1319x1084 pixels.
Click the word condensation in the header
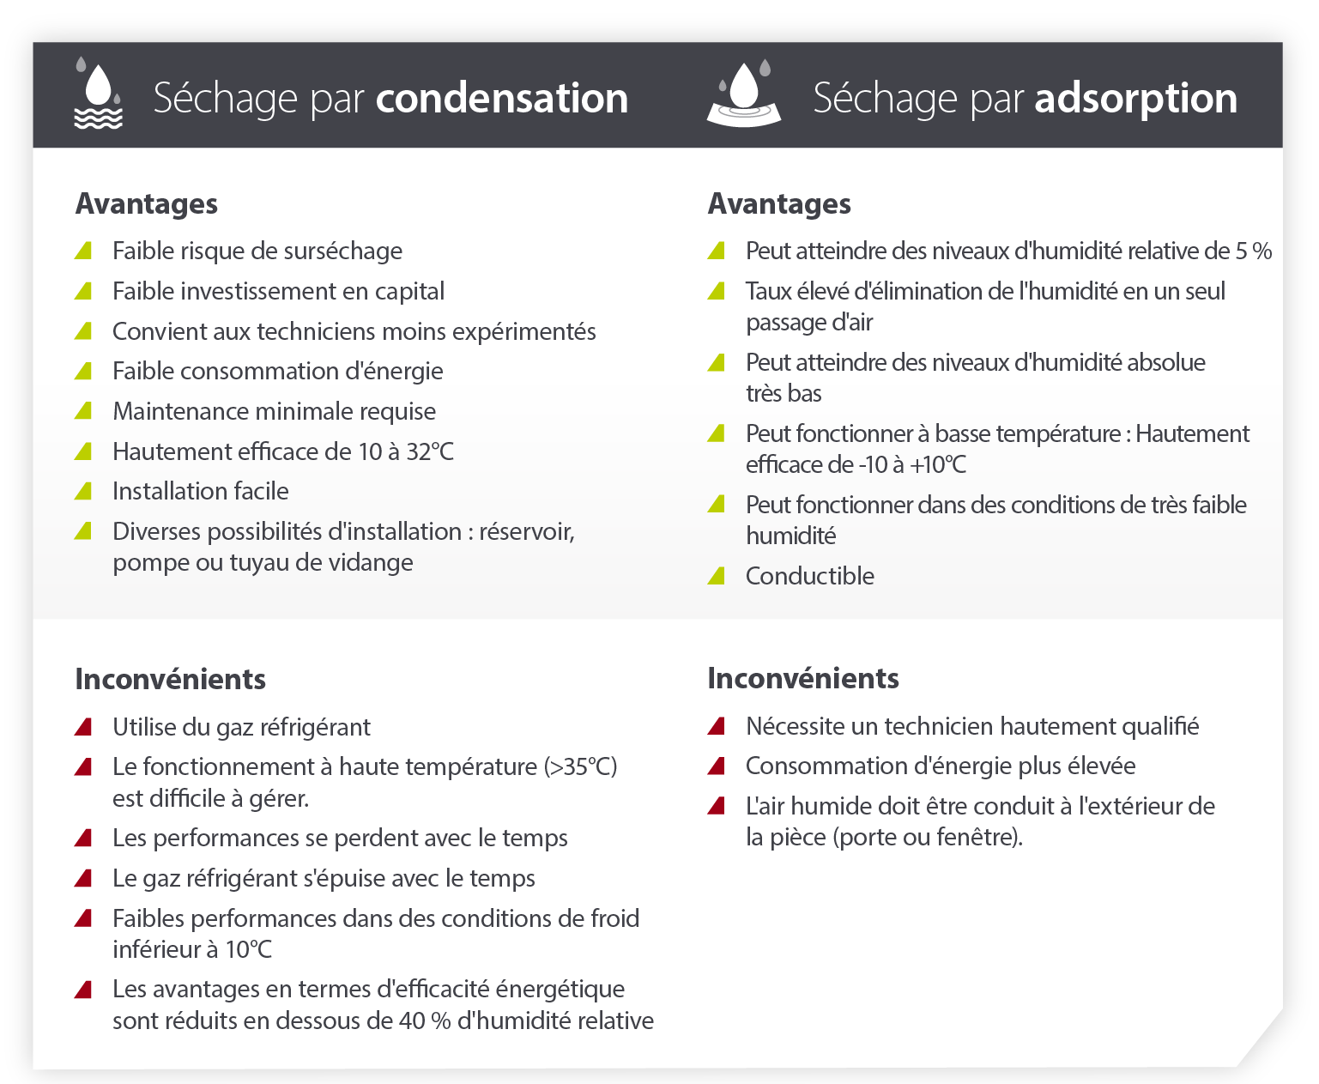point(502,98)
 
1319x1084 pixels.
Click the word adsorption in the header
point(1135,98)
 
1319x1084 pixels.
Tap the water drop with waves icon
point(98,94)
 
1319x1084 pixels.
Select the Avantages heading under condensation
point(147,204)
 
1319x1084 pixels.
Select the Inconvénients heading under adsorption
point(802,678)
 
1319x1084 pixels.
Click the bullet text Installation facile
point(201,491)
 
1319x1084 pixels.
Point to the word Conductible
point(809,576)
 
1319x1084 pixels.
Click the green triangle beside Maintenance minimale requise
point(84,411)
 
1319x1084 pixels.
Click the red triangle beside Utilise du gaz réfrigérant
point(84,727)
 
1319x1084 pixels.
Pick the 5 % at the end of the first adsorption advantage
point(1253,251)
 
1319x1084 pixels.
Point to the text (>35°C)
point(580,766)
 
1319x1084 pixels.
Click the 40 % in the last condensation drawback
point(425,1020)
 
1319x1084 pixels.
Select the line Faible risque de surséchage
point(257,251)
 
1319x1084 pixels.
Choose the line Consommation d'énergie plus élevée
point(941,766)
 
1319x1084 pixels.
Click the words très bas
point(784,393)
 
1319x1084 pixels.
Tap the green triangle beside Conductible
point(717,576)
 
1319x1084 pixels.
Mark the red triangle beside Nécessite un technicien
point(717,726)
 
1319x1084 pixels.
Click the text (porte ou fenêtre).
point(927,837)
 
